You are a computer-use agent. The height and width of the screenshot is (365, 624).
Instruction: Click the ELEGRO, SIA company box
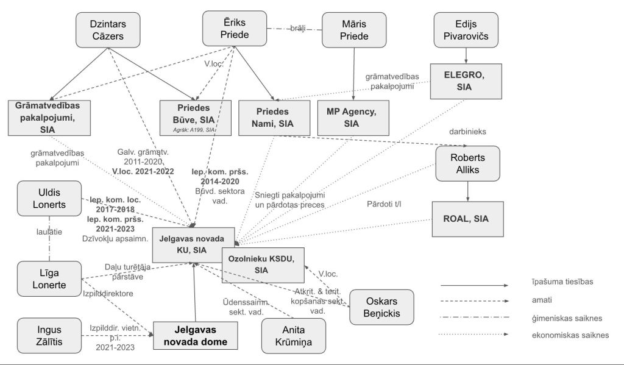tap(466, 81)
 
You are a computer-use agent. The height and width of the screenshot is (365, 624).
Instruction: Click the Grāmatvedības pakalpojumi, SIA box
tap(51, 118)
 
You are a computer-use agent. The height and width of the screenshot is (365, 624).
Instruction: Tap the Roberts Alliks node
tap(467, 163)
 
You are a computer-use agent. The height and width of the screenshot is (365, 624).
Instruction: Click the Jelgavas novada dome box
tap(193, 336)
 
